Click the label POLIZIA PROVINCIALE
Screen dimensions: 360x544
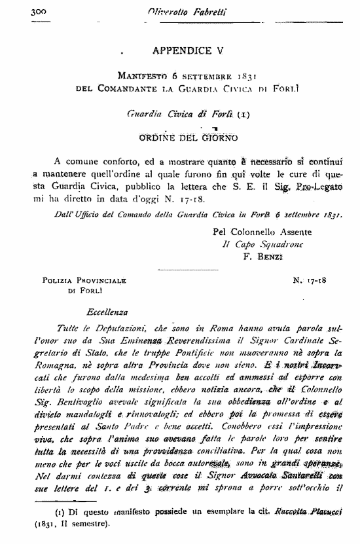(x=84, y=280)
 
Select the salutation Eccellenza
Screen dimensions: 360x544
(x=107, y=312)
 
